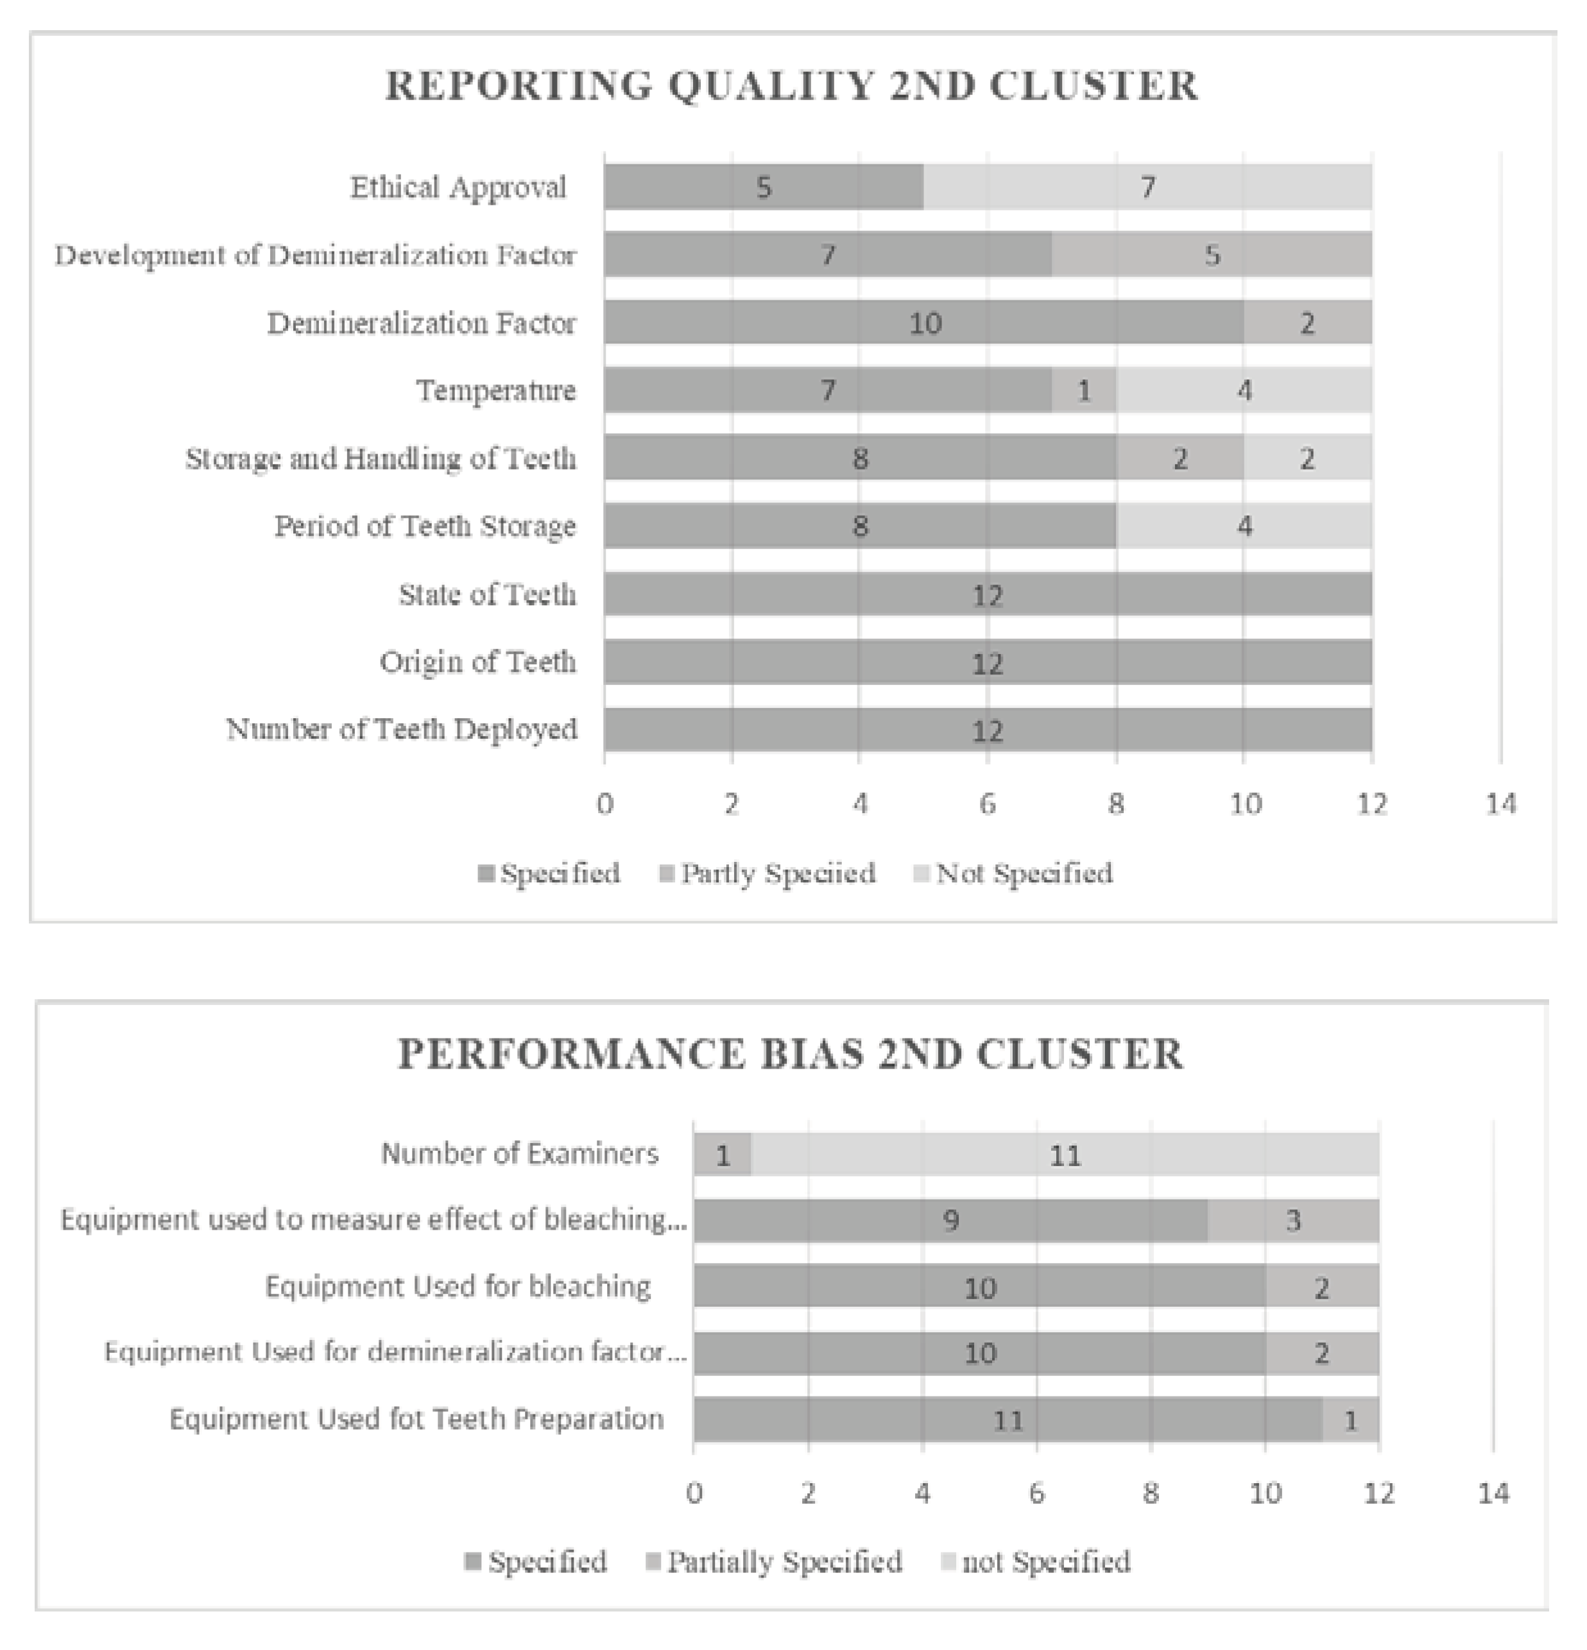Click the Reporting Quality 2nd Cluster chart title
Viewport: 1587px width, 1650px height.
[x=791, y=86]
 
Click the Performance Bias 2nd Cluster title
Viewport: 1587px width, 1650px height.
[x=791, y=1054]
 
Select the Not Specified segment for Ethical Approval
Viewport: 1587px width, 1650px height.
[x=1147, y=187]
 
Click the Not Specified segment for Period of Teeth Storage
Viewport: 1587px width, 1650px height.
[x=1244, y=526]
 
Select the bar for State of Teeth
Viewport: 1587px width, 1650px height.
[x=987, y=595]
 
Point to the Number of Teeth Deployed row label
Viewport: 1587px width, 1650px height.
[x=402, y=729]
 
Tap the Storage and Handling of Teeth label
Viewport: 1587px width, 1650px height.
[x=381, y=459]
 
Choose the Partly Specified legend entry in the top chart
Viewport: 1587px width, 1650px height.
[x=768, y=873]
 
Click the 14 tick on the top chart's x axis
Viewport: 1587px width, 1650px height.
[x=1500, y=804]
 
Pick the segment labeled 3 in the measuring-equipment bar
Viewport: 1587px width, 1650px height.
[x=1293, y=1221]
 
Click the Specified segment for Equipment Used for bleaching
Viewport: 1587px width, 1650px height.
[x=979, y=1287]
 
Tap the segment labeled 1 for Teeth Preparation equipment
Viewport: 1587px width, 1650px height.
[x=1350, y=1421]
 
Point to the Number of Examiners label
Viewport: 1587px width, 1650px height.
[x=519, y=1153]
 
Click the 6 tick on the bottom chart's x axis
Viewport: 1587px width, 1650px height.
[x=1036, y=1493]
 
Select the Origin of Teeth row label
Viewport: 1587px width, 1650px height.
[x=477, y=662]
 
